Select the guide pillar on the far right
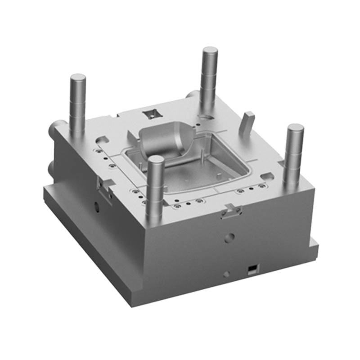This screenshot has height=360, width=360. tap(294, 148)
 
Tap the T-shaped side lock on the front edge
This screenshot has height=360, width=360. tap(232, 210)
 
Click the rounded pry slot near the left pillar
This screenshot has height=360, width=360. tap(103, 135)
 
